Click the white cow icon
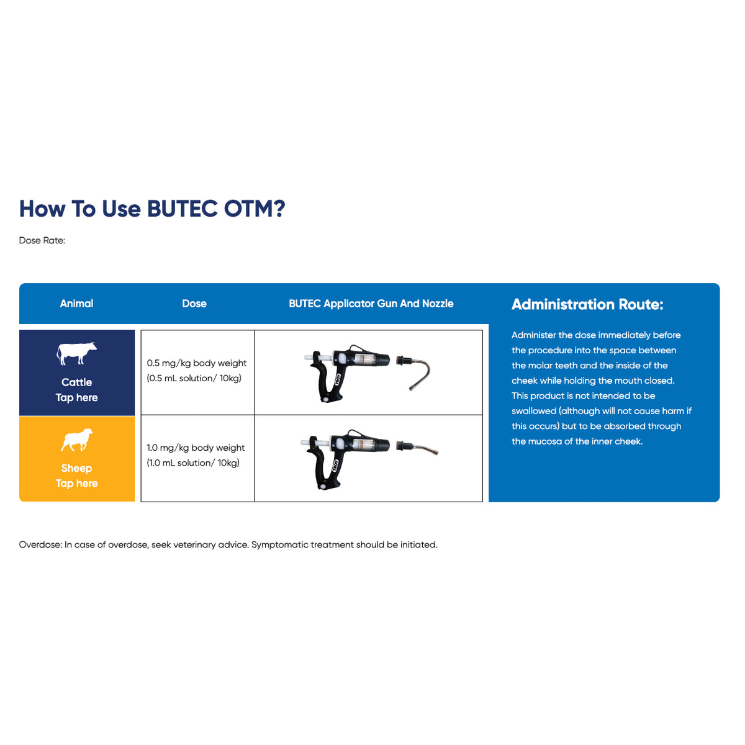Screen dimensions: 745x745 [76, 353]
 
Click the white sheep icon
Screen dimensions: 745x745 [76, 440]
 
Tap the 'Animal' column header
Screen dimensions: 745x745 [76, 304]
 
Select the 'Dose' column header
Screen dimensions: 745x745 [194, 304]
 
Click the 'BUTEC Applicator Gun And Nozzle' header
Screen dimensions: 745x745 [371, 304]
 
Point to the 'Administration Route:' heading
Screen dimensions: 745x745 [587, 304]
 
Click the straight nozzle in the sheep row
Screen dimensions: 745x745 [418, 448]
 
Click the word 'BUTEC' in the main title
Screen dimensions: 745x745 [183, 209]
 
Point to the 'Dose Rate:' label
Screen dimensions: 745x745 [42, 240]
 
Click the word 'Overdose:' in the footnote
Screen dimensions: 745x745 [40, 544]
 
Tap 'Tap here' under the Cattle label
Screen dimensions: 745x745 [76, 398]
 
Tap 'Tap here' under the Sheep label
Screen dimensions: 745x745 [76, 484]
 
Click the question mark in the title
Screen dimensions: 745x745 [278, 209]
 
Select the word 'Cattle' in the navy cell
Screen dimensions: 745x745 [76, 382]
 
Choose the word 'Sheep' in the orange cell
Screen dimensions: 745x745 [76, 469]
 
